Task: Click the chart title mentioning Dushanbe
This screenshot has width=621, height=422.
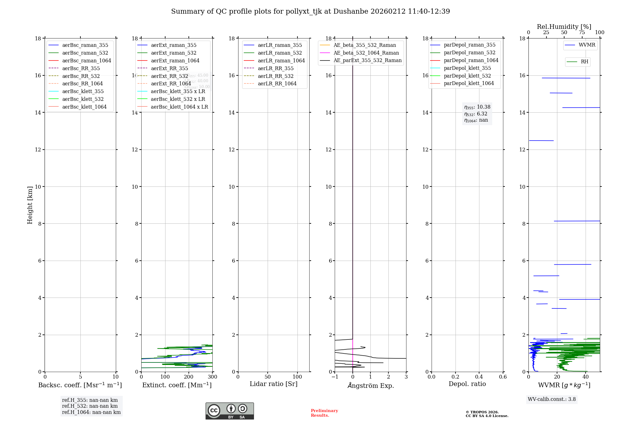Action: [x=310, y=11]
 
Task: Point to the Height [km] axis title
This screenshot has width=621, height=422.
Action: [x=30, y=205]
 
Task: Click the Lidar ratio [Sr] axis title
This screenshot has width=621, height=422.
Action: [x=274, y=384]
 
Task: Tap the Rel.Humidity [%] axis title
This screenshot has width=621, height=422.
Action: [x=564, y=27]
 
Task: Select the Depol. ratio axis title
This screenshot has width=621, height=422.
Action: [x=467, y=384]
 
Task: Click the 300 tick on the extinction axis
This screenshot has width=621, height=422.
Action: [x=212, y=377]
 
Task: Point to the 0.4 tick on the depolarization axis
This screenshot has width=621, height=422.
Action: [x=479, y=377]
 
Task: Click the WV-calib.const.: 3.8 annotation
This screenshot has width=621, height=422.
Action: [x=552, y=399]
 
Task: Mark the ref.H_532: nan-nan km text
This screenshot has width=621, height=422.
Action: [x=90, y=406]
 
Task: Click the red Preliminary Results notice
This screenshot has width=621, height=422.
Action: [x=324, y=413]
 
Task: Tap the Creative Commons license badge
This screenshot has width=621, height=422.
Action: [x=229, y=411]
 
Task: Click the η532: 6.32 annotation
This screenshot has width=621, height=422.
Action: [x=476, y=114]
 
